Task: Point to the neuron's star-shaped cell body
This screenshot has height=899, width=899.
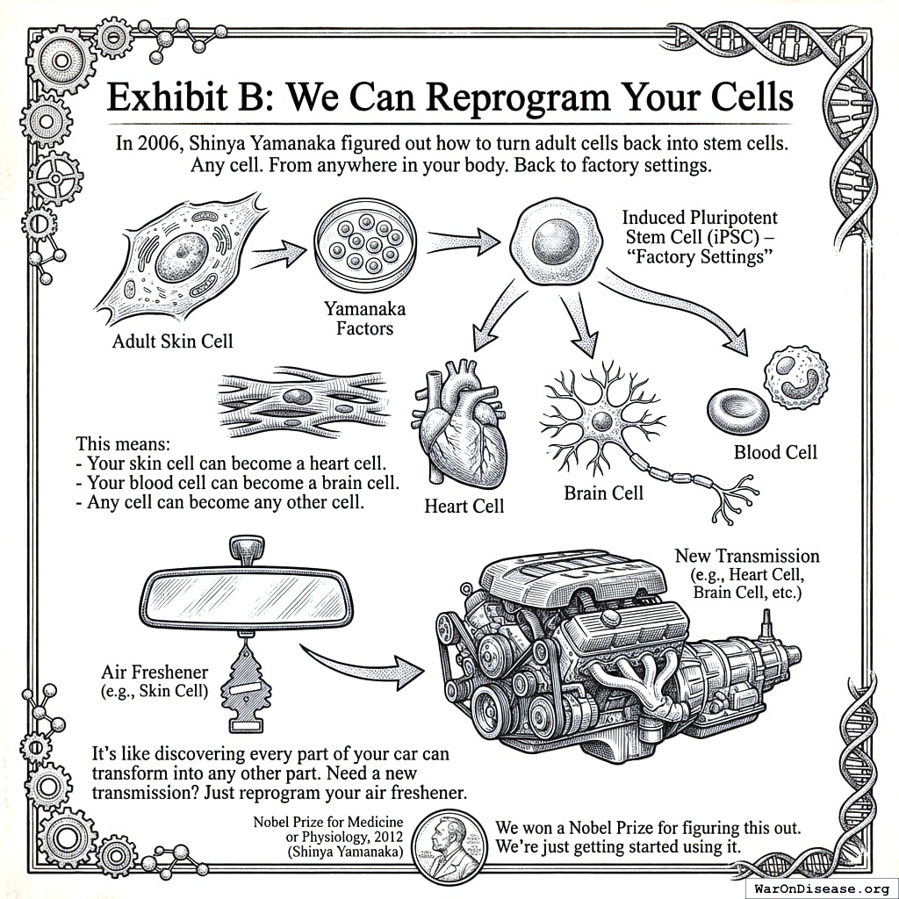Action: (602, 421)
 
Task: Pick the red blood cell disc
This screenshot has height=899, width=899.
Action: (737, 411)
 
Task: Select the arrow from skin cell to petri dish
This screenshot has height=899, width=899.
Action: (278, 255)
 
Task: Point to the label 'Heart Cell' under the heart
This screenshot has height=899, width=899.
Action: (464, 506)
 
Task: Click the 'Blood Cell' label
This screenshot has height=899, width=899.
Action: (775, 452)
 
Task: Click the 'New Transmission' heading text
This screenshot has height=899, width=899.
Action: (746, 556)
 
